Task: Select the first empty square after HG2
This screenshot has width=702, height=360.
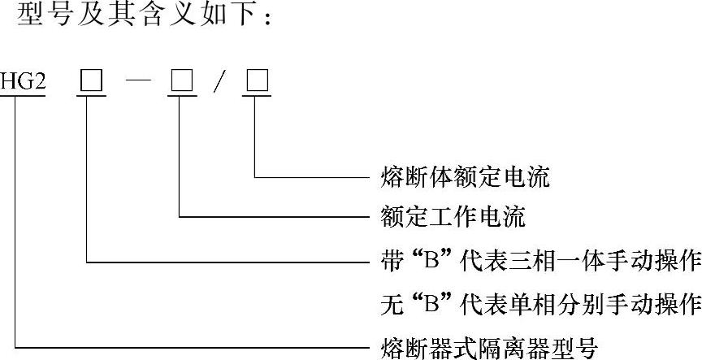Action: (89, 83)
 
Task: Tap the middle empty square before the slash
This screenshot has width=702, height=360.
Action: (180, 83)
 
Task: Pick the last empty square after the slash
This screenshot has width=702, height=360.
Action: (257, 83)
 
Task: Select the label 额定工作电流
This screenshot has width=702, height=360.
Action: (453, 217)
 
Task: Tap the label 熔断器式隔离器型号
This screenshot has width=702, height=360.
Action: (489, 349)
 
